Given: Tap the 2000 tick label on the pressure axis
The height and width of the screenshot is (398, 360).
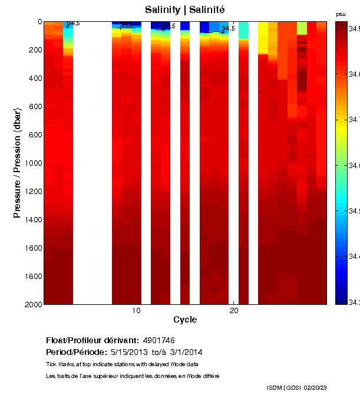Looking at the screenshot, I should click(33, 304).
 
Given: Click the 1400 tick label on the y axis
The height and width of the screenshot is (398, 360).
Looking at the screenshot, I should click(33, 219).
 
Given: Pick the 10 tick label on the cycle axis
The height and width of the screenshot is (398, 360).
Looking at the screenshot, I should click(136, 311).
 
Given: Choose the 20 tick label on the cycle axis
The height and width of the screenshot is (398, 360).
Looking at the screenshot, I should click(234, 311).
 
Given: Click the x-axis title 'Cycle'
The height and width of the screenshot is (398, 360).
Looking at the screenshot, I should click(185, 320).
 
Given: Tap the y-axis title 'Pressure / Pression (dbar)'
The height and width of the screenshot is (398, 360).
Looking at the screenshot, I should click(17, 163).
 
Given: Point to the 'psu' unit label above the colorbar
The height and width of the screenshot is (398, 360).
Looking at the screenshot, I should click(341, 14).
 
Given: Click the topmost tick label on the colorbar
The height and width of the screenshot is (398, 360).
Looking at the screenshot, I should click(355, 28).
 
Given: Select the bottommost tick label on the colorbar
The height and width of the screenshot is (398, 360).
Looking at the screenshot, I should click(355, 302).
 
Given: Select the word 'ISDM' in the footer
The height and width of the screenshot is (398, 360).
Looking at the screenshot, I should click(275, 387).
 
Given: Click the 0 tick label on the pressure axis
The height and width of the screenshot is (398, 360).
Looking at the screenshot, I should click(39, 22).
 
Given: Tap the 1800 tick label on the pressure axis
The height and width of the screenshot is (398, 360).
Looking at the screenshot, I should click(33, 276).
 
